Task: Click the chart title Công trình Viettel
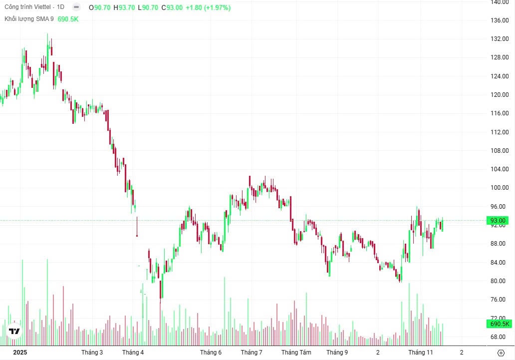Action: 27,7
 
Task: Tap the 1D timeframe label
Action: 61,7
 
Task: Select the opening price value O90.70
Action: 100,8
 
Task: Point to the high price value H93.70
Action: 124,8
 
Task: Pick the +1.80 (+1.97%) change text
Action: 208,8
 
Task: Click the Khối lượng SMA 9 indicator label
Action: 29,19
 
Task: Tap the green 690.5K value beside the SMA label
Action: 68,19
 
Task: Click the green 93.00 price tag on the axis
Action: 498,221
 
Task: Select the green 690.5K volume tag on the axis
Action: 500,324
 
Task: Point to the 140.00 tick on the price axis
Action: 499,2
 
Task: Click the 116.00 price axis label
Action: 499,113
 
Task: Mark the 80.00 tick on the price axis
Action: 499,281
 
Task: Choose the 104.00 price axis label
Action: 499,169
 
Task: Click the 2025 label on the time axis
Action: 20,353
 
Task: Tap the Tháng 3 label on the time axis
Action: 92,353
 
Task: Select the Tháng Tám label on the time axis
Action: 296,353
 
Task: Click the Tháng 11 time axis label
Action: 421,353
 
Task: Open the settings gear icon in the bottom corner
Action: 501,353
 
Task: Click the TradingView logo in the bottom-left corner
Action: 14,331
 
